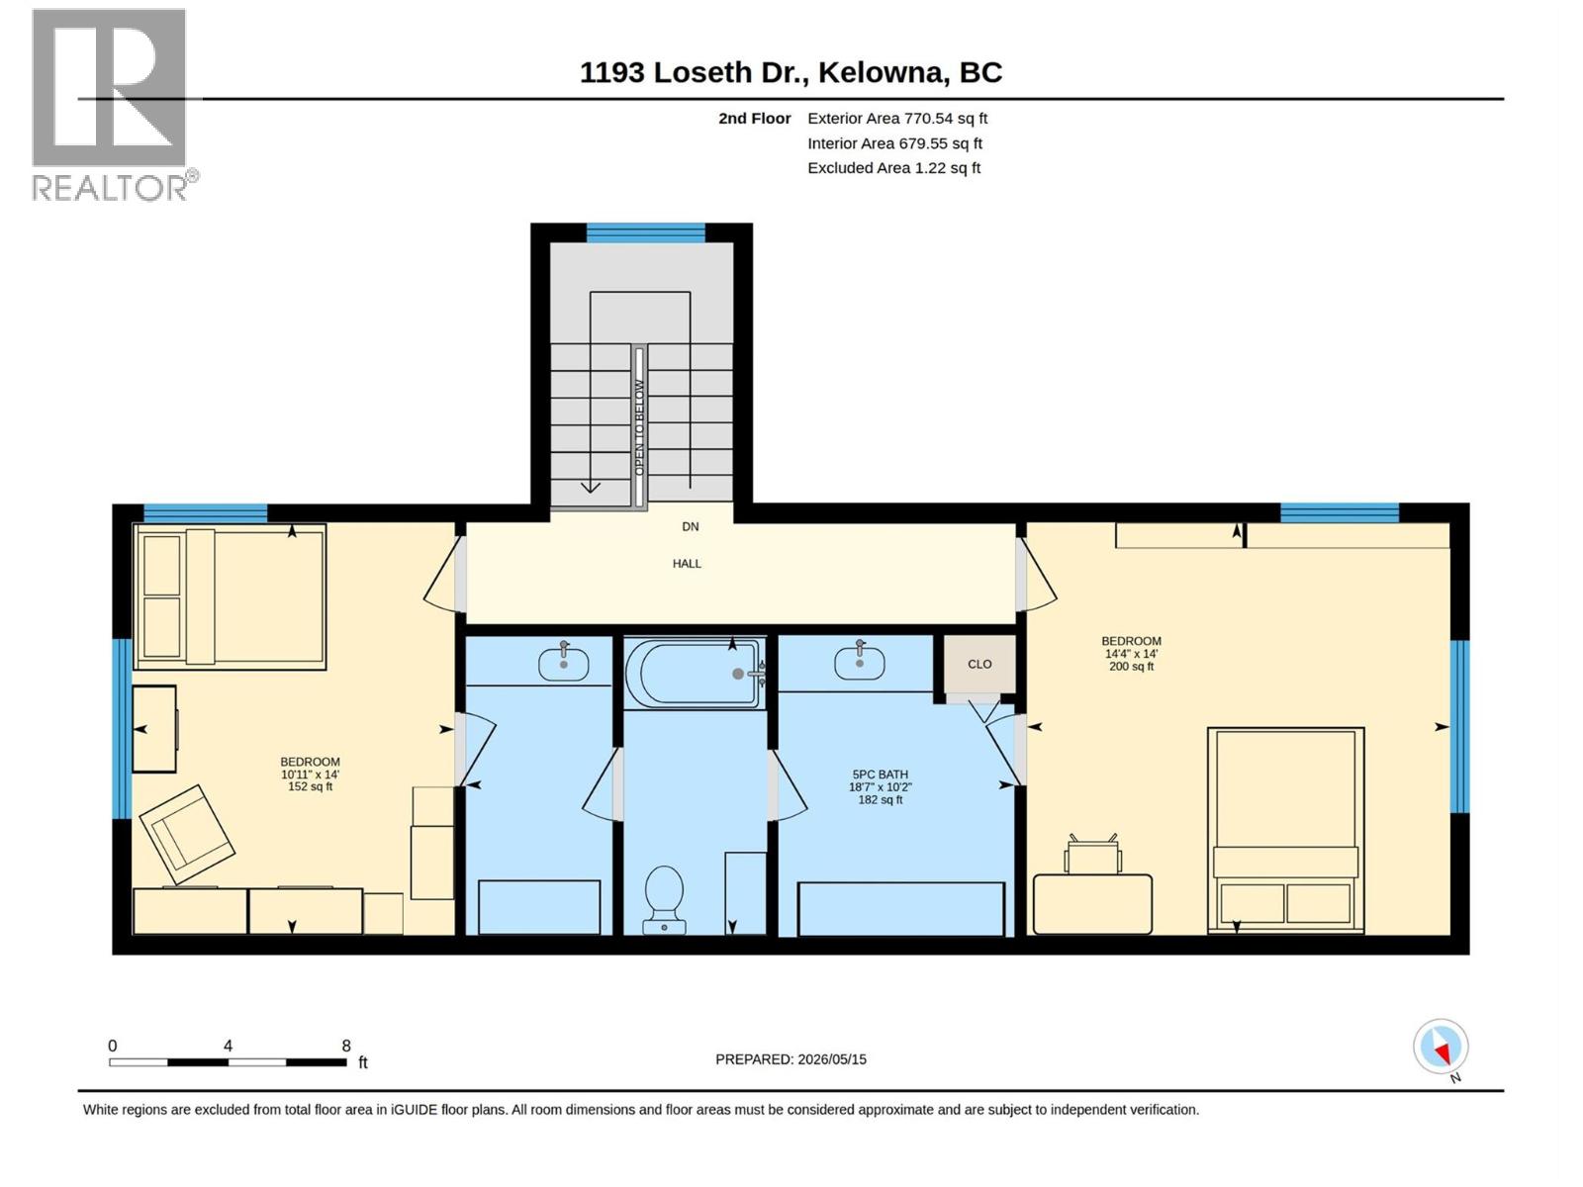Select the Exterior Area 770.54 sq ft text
click(x=897, y=118)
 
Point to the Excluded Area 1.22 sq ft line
click(x=893, y=168)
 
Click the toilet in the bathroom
click(x=664, y=899)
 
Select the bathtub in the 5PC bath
click(x=696, y=674)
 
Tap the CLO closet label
click(x=979, y=664)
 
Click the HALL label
click(x=687, y=564)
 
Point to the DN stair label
click(x=691, y=527)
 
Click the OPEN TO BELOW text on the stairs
click(x=639, y=427)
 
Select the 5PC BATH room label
click(x=880, y=775)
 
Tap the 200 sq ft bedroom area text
click(x=1131, y=667)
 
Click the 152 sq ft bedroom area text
click(x=310, y=786)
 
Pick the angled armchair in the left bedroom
click(x=187, y=835)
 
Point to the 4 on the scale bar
click(x=228, y=1046)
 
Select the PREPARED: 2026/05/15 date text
click(x=791, y=1059)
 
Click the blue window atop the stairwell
click(x=645, y=232)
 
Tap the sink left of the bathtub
click(x=563, y=662)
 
